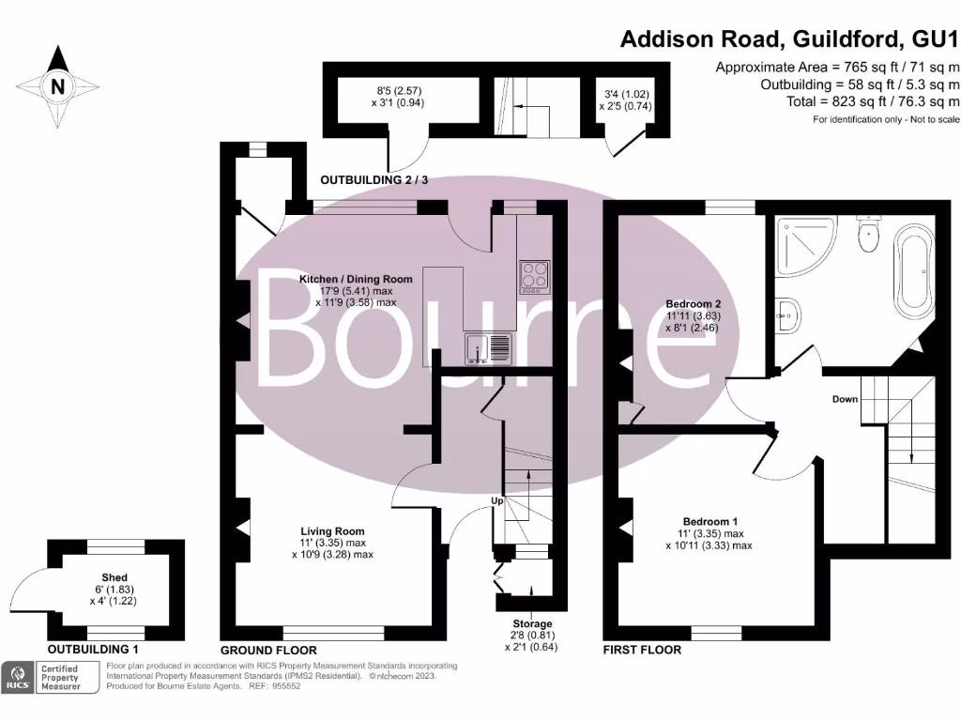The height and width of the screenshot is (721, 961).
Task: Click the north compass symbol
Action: (x=58, y=86)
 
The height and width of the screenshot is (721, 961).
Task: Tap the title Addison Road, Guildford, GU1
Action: (x=790, y=39)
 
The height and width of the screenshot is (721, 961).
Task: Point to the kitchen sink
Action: (x=487, y=348)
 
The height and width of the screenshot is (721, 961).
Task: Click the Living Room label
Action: (x=332, y=530)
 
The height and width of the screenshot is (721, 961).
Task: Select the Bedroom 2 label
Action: (x=693, y=304)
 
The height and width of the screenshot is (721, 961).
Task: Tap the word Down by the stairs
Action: (x=845, y=399)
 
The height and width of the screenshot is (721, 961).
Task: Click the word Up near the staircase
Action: (x=498, y=501)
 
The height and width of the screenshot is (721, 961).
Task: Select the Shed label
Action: (x=114, y=577)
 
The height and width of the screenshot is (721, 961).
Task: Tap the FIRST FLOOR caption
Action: (x=643, y=650)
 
